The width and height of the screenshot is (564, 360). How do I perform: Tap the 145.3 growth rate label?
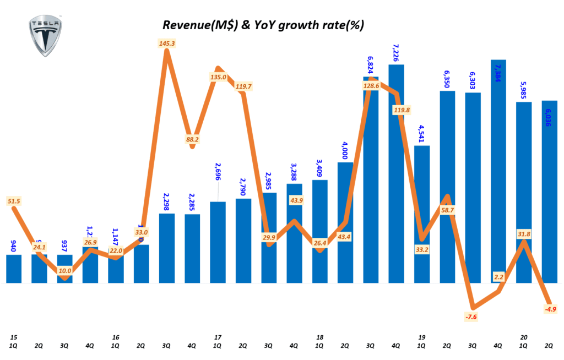166,43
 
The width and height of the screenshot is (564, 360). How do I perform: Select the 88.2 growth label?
193,140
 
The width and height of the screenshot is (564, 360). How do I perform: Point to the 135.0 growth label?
218,78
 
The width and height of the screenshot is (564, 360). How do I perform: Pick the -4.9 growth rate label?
549,309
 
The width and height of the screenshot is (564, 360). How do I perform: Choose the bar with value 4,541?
421,214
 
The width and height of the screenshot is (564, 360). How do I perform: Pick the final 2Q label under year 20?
549,346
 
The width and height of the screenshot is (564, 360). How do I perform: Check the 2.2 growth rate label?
499,277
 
